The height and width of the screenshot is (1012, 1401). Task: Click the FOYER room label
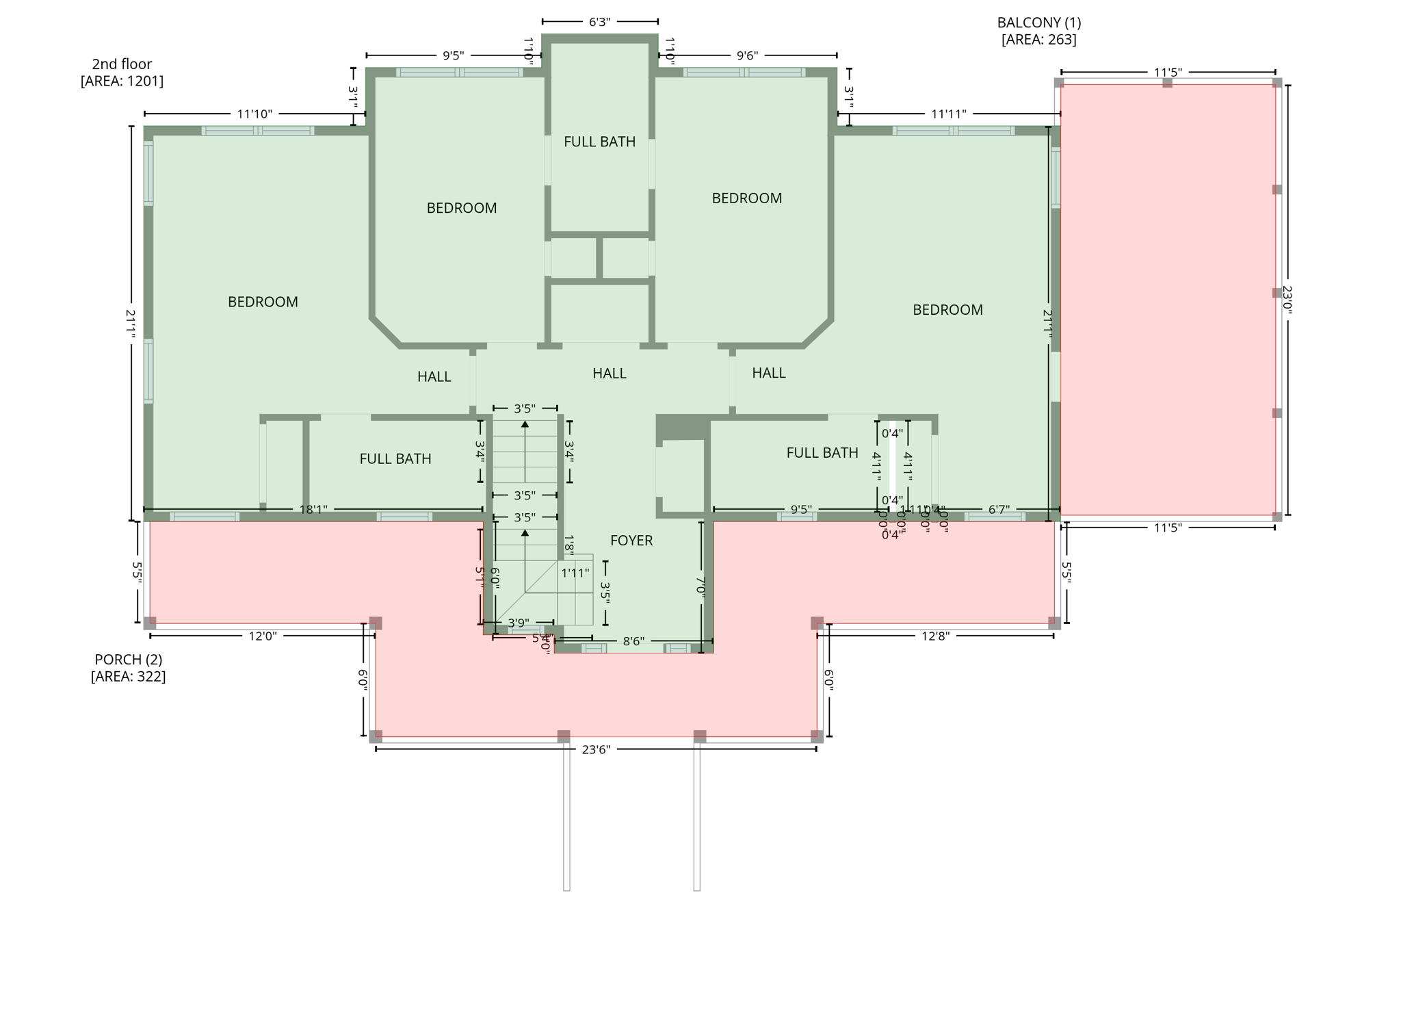631,541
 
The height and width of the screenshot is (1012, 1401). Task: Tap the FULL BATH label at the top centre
599,142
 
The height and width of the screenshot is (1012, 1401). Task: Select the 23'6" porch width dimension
595,749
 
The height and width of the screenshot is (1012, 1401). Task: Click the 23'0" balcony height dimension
1287,300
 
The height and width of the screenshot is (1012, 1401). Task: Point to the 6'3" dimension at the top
599,22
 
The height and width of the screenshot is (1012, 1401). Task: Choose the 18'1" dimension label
313,510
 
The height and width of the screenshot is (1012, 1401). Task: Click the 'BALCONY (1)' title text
1038,23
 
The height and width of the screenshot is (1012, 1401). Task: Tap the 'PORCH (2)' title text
128,660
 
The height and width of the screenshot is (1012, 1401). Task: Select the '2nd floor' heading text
122,64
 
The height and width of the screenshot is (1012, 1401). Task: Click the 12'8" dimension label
935,636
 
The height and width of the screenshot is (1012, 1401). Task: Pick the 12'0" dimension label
262,636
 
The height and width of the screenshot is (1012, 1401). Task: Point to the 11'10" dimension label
254,114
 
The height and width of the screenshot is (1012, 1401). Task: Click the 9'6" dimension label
747,55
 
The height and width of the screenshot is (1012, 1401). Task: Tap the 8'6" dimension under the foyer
633,641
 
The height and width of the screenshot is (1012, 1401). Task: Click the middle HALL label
609,374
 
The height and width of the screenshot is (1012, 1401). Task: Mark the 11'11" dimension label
948,114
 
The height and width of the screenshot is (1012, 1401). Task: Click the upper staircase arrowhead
525,424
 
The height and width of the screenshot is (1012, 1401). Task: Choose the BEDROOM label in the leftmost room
263,302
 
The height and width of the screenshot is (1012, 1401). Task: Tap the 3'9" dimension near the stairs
518,623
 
